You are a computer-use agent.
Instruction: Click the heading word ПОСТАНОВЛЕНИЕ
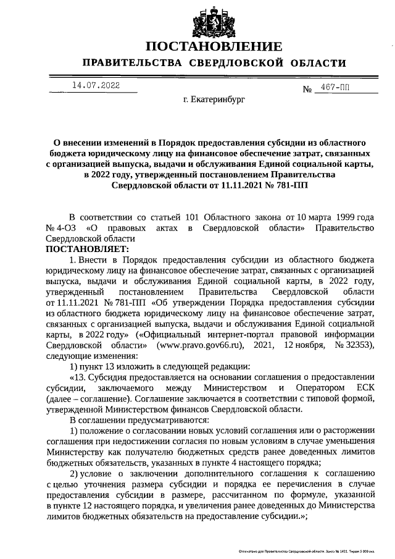pos(214,46)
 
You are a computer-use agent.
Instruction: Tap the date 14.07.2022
pos(96,85)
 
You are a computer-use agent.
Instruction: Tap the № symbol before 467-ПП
pos(308,89)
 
